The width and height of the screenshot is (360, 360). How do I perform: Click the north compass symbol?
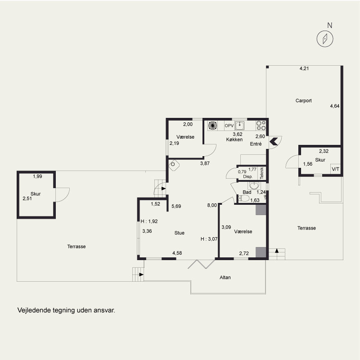(x=325, y=39)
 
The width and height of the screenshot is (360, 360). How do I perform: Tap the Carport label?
(x=303, y=100)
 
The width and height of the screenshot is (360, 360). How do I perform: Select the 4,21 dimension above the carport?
(x=304, y=68)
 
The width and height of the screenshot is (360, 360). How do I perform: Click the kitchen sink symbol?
(x=239, y=126)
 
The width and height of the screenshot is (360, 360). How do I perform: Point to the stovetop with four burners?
(x=261, y=126)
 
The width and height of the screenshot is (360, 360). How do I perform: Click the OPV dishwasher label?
(x=229, y=126)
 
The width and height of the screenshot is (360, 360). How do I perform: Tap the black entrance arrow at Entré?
(x=274, y=141)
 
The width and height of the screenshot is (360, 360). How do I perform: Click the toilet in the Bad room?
(x=244, y=198)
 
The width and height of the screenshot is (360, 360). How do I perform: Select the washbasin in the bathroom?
(x=254, y=185)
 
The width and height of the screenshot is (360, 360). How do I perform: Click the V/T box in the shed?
(x=335, y=169)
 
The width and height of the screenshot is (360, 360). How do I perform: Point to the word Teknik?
(x=262, y=173)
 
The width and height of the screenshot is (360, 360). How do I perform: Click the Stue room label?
(x=179, y=233)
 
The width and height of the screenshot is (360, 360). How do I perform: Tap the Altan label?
(x=225, y=277)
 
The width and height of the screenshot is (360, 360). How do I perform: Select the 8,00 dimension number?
(x=212, y=205)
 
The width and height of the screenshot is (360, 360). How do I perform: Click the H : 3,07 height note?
(x=209, y=239)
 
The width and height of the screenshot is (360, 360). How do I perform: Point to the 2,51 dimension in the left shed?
(x=27, y=198)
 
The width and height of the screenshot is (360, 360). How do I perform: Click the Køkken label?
(x=234, y=139)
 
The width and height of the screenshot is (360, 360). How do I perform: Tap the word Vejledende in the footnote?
(x=34, y=310)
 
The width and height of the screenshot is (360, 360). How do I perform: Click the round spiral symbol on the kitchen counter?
(x=212, y=126)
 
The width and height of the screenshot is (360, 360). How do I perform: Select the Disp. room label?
(x=248, y=176)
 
